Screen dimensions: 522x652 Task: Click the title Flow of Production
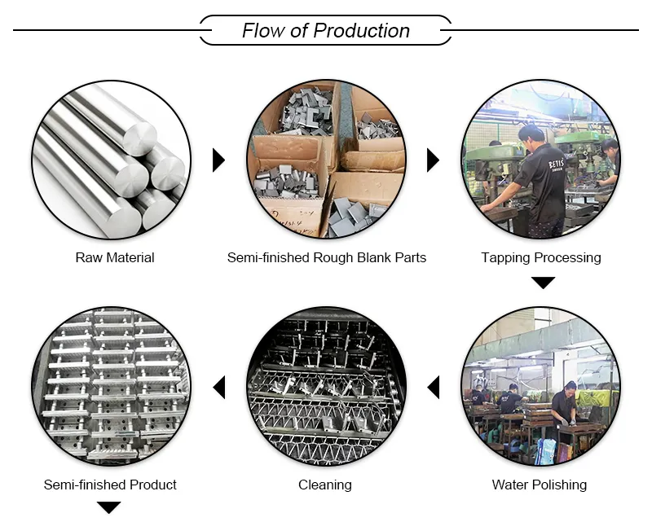pyautogui.click(x=325, y=31)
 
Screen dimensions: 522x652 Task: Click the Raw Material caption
pyautogui.click(x=115, y=257)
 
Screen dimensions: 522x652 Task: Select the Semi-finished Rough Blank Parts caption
pyautogui.click(x=326, y=257)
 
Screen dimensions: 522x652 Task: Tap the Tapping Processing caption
pyautogui.click(x=541, y=257)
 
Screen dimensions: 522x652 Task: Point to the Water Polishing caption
pyautogui.click(x=540, y=485)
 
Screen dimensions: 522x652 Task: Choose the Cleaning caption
pyautogui.click(x=325, y=485)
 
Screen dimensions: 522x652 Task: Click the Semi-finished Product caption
pyautogui.click(x=110, y=485)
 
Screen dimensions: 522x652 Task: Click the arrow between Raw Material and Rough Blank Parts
pyautogui.click(x=218, y=160)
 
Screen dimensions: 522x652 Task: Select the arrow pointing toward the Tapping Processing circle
pyautogui.click(x=433, y=160)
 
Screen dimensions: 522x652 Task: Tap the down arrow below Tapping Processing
pyautogui.click(x=543, y=283)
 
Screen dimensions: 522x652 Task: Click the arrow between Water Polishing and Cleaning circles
pyautogui.click(x=434, y=387)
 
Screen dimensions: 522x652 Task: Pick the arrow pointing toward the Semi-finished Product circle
pyautogui.click(x=218, y=387)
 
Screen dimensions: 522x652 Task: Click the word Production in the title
pyautogui.click(x=361, y=31)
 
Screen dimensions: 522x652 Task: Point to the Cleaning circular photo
pyautogui.click(x=326, y=387)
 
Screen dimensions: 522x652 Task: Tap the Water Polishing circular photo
pyautogui.click(x=540, y=387)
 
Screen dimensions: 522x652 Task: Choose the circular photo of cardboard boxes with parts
pyautogui.click(x=326, y=159)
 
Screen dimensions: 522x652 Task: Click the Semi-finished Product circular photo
pyautogui.click(x=111, y=387)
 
